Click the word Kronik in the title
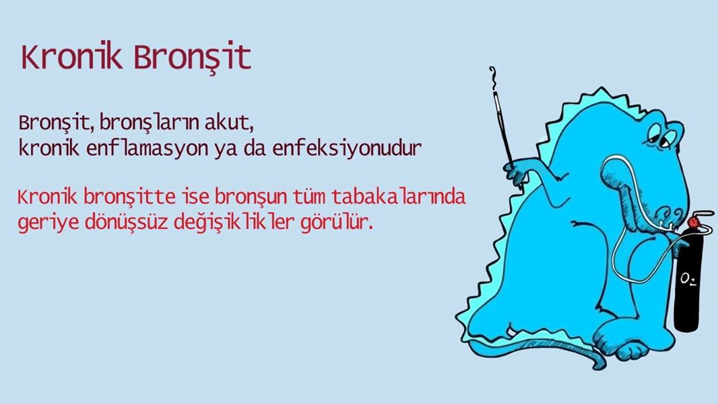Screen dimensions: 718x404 pyautogui.click(x=72, y=57)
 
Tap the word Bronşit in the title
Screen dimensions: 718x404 pyautogui.click(x=193, y=58)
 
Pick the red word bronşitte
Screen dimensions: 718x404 pyautogui.click(x=129, y=197)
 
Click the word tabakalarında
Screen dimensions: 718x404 pyautogui.click(x=398, y=197)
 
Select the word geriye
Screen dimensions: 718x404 pyautogui.click(x=48, y=224)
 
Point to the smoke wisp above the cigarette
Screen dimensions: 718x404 pyautogui.click(x=493, y=78)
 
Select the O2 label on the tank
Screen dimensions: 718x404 pyautogui.click(x=688, y=279)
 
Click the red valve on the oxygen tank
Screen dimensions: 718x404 pyautogui.click(x=692, y=222)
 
